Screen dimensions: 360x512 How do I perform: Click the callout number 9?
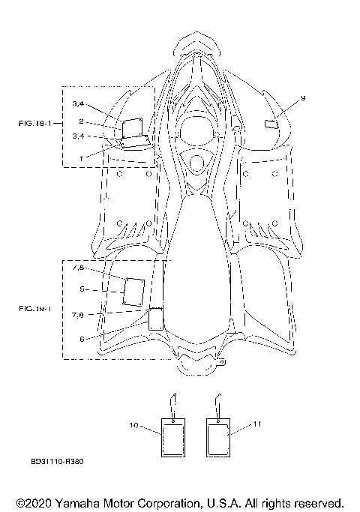pos(303,98)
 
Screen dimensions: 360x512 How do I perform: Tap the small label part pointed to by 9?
pos(271,124)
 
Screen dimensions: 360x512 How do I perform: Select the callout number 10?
pos(134,425)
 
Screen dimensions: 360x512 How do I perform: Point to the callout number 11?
pos(257,424)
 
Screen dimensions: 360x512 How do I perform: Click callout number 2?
pos(81,121)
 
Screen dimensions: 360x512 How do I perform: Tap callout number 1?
pos(81,159)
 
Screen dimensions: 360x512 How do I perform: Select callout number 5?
pos(82,289)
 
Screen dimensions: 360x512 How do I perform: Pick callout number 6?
pos(82,339)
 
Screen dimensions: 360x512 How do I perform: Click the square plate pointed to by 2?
pos(132,128)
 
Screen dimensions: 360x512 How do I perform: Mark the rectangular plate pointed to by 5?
pos(134,292)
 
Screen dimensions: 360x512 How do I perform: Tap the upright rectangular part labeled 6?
pos(156,319)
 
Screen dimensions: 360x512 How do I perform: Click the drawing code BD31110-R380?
pos(57,461)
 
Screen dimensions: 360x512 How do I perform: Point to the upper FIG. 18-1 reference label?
pos(35,124)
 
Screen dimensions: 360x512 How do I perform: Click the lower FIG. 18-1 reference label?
pos(35,308)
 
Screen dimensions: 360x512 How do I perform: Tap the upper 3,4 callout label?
pos(78,104)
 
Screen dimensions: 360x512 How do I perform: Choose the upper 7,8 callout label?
pos(78,268)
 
